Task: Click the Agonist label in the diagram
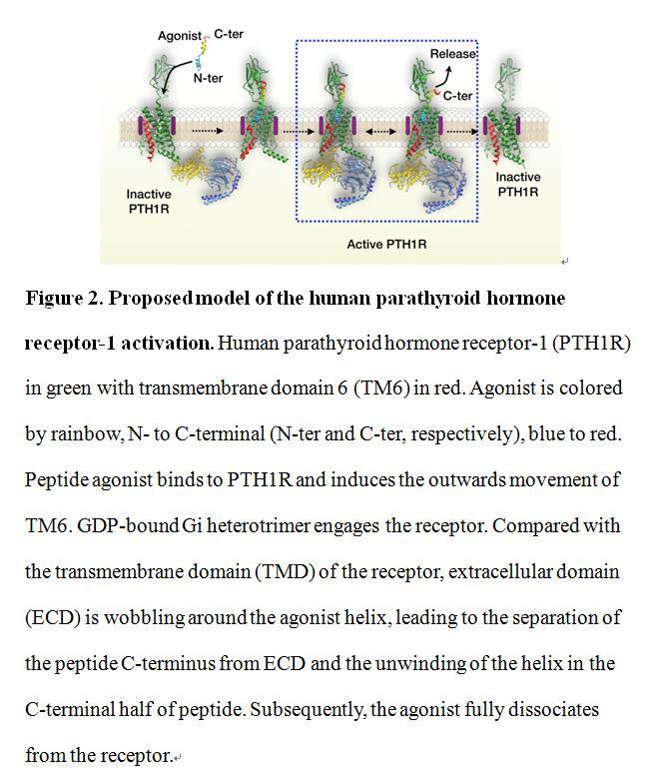pos(180,36)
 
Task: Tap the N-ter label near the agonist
pos(208,78)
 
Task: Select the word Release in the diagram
pos(453,53)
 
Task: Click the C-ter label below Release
pos(457,96)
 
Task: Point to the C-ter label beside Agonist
pos(229,34)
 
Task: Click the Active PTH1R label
pos(386,244)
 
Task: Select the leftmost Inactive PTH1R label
pos(149,201)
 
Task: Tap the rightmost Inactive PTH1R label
pos(518,184)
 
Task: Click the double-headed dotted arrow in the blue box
pos(380,132)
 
